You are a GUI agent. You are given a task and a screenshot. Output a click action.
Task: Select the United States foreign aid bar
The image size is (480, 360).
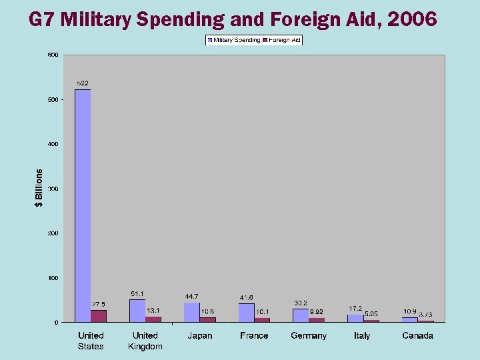(x=99, y=316)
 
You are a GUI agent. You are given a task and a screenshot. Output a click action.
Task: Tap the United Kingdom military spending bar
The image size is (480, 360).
(x=137, y=311)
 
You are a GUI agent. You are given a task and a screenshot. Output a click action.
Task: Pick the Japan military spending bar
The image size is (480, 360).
(x=192, y=312)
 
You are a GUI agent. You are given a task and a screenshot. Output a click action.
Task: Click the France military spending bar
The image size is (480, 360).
(x=247, y=313)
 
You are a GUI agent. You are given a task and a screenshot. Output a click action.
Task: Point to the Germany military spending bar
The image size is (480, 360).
(x=301, y=315)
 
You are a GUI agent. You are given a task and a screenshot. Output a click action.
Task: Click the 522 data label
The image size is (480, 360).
(x=83, y=83)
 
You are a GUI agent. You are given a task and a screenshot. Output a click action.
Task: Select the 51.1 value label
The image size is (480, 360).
(x=137, y=293)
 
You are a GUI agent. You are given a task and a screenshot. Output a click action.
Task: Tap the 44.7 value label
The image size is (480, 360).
(x=192, y=296)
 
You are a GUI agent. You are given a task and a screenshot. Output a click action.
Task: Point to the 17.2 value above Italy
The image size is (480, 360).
(x=355, y=309)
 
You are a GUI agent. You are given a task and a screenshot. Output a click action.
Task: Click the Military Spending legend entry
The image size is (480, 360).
(x=234, y=40)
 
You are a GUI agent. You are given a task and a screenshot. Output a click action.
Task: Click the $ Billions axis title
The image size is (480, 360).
(x=39, y=188)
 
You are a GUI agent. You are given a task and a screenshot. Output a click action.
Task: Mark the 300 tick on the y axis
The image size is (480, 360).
(x=52, y=189)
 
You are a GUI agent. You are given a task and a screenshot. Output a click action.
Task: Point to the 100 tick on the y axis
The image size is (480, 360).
(x=52, y=278)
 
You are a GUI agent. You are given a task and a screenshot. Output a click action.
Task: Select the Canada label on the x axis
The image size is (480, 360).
(x=417, y=335)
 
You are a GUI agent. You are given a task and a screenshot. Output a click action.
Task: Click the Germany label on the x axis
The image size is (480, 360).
(x=309, y=335)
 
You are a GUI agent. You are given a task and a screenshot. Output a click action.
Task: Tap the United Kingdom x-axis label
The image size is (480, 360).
(x=145, y=341)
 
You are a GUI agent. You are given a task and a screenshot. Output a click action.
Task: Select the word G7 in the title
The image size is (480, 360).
(x=42, y=19)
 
